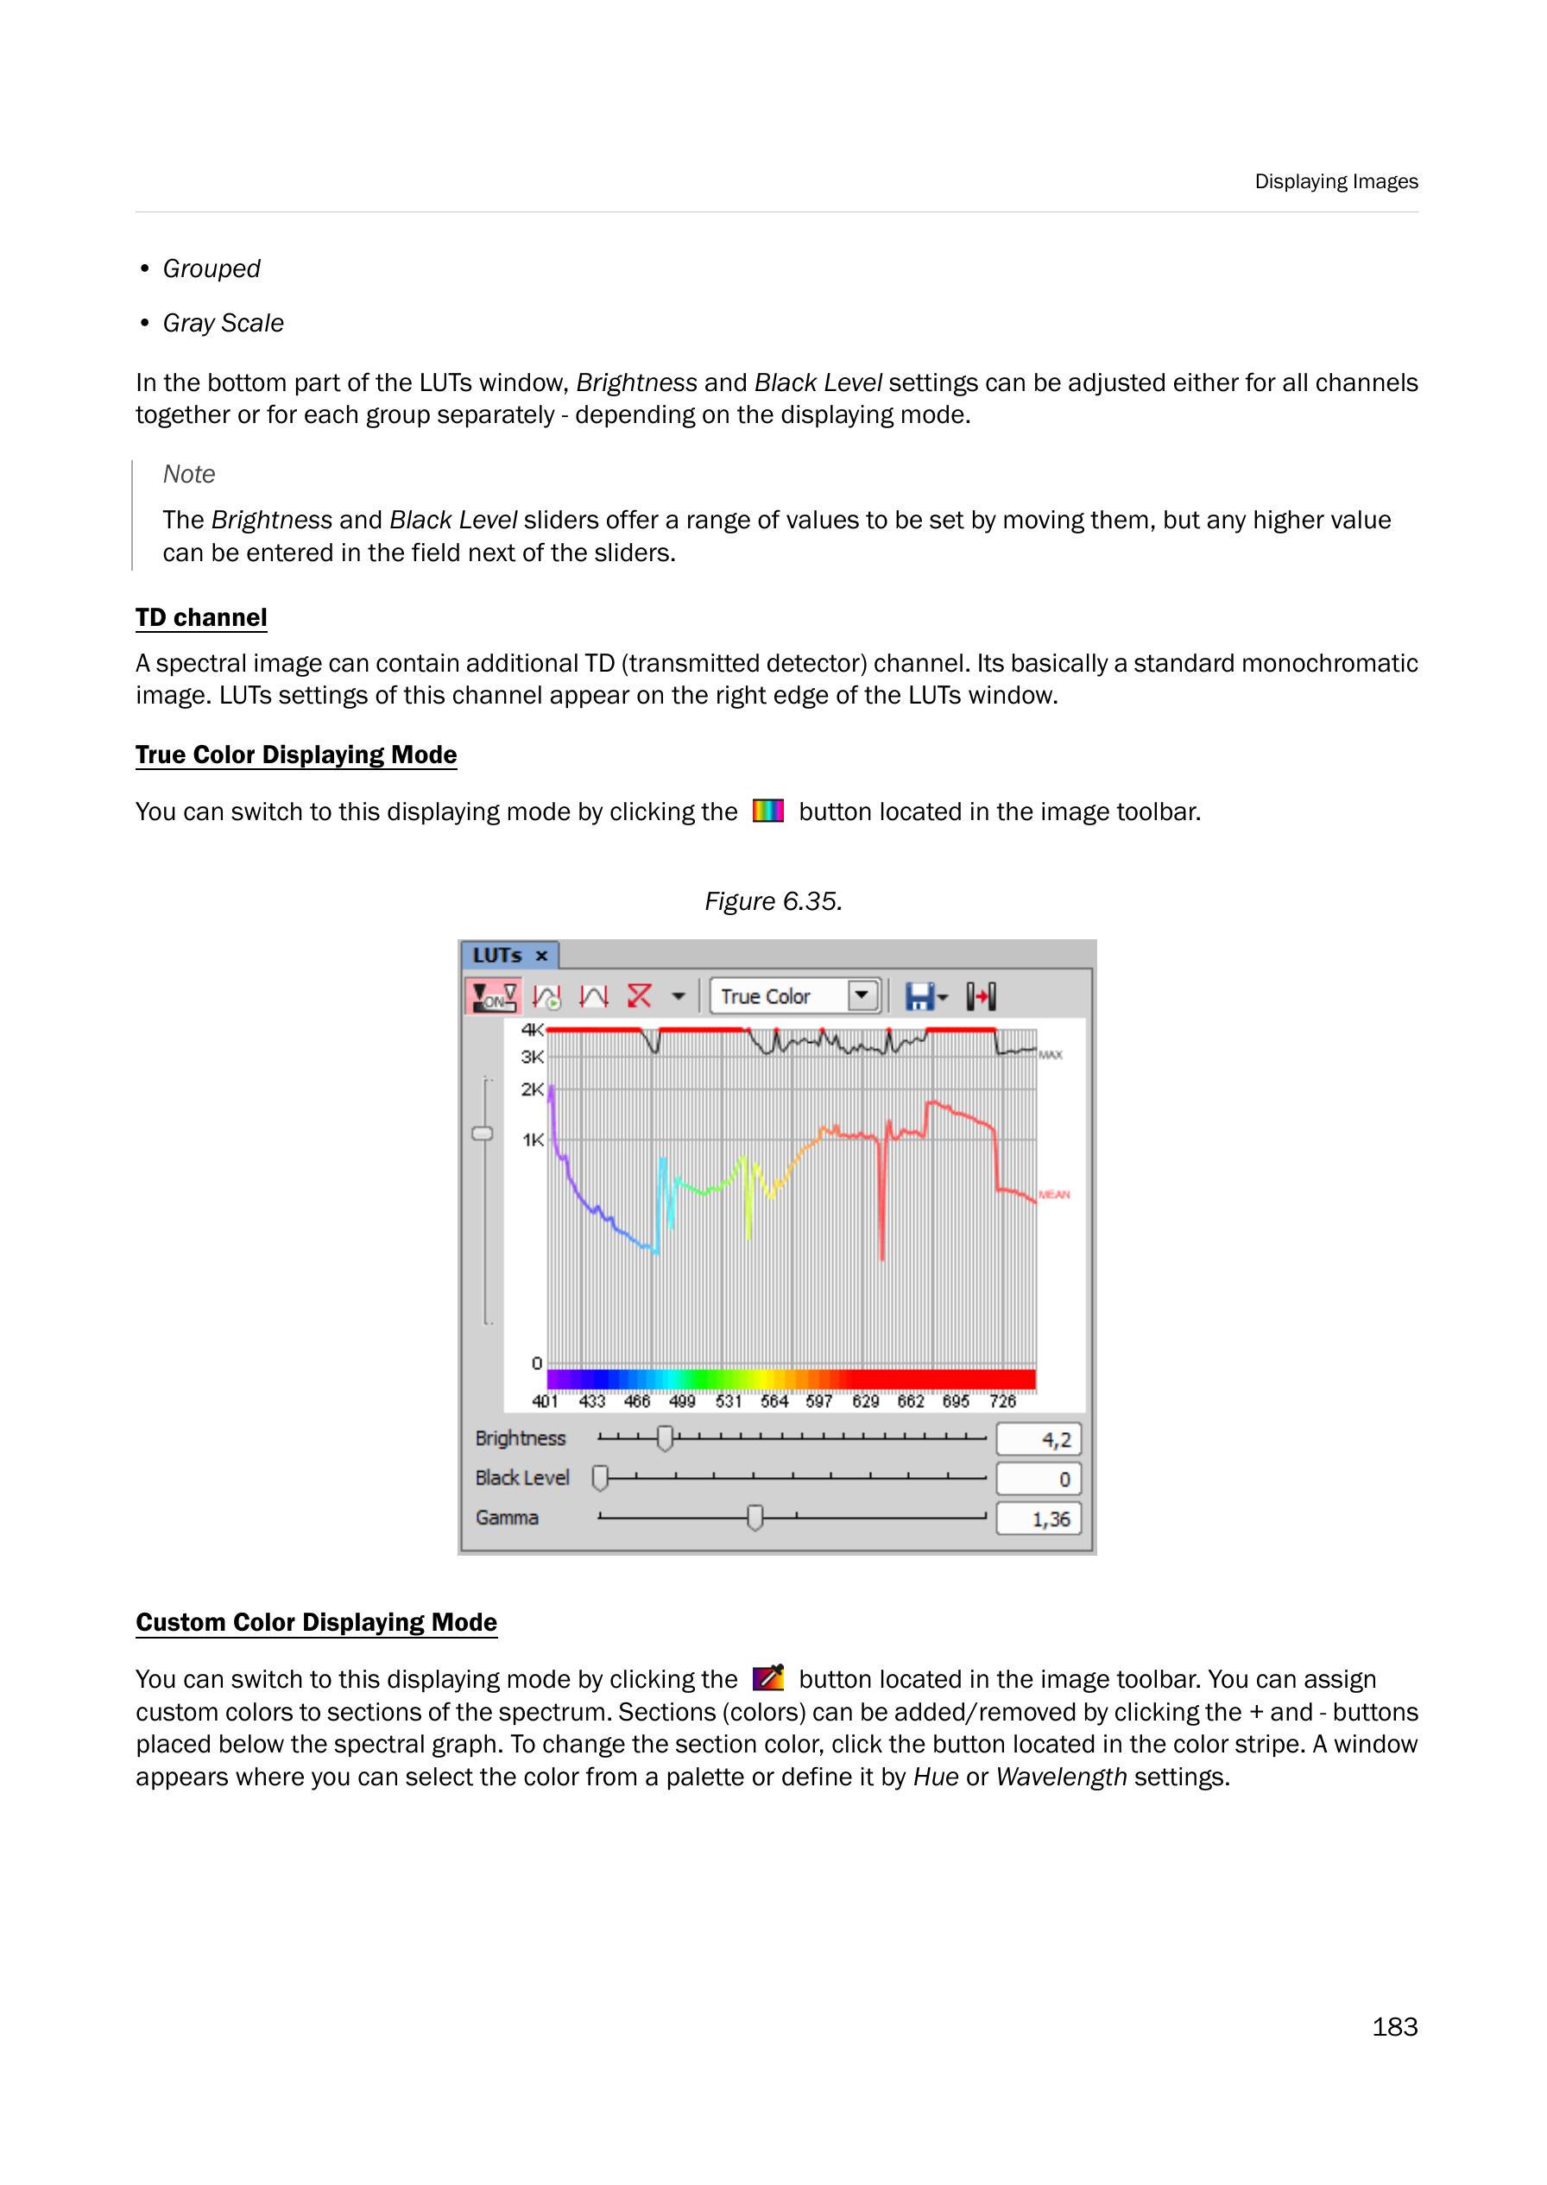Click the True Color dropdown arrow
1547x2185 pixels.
pos(862,995)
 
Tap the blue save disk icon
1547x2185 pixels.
pos(919,996)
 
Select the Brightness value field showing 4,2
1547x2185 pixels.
pos(1039,1439)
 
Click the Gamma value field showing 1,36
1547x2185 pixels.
pos(1039,1519)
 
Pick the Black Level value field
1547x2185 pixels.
pos(1039,1478)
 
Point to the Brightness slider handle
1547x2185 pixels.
pos(665,1438)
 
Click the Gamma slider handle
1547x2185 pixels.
pos(755,1518)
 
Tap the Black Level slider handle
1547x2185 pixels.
pos(600,1477)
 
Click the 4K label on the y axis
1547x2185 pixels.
pos(532,1030)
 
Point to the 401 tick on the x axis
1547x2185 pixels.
pos(545,1401)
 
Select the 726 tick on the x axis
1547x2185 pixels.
pos(1002,1401)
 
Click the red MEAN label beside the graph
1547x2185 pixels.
pos(1053,1195)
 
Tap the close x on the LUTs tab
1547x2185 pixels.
pos(541,956)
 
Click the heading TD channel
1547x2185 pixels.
pos(201,617)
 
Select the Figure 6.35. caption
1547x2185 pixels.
pos(773,901)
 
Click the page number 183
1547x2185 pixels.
pos(1393,2026)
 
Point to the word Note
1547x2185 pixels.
pos(188,473)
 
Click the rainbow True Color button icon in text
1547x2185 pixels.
pos(767,811)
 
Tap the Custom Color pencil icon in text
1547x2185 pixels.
pos(767,1677)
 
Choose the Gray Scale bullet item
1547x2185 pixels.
pos(223,323)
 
